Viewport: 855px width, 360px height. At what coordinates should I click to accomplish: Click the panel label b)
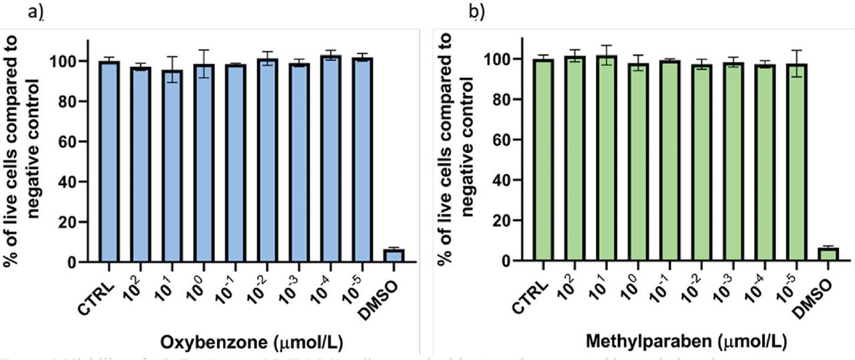pyautogui.click(x=477, y=11)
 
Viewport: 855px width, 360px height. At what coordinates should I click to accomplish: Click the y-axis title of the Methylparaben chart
pyautogui.click(x=454, y=144)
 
